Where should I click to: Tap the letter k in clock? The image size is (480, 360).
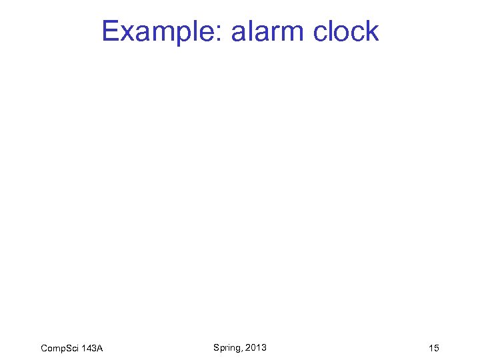click(x=373, y=31)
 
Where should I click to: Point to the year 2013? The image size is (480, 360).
click(x=256, y=347)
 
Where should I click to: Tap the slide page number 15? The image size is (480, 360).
click(x=434, y=349)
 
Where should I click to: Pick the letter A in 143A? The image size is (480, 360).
click(x=99, y=349)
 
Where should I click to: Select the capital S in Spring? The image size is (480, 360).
click(x=217, y=347)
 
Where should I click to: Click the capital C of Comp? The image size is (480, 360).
click(x=44, y=349)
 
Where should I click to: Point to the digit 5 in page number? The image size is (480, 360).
click(x=437, y=349)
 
